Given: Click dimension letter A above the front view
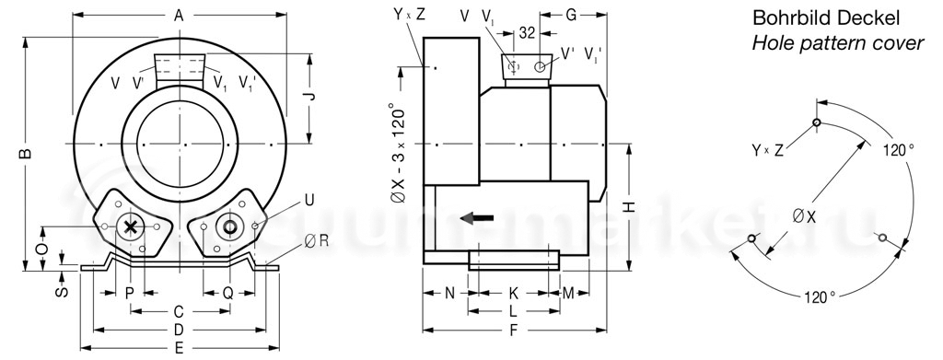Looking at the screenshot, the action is [x=178, y=17].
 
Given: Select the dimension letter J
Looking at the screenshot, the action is [x=311, y=96].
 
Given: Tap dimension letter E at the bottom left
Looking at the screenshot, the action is [x=179, y=348].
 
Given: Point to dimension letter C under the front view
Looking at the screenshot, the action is [x=179, y=311].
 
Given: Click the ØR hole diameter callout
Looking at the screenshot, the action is [x=317, y=241].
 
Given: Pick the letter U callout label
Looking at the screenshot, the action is [x=309, y=198].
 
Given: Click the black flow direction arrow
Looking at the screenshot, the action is [x=477, y=217].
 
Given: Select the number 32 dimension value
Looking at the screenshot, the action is [x=527, y=33].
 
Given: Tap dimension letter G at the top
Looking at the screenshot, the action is [x=571, y=16].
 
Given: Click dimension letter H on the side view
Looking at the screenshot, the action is [x=628, y=207].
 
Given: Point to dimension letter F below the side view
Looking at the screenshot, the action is [x=514, y=330].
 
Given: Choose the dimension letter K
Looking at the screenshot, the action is [x=514, y=293].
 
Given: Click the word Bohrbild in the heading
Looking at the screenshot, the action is [x=782, y=18].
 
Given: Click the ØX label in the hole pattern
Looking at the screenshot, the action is [x=804, y=217].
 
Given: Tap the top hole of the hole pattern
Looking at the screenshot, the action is [x=816, y=123].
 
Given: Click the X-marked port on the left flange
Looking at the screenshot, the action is [x=130, y=226].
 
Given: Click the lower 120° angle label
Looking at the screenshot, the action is [x=819, y=296].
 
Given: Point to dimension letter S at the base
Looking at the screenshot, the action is [x=63, y=292].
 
